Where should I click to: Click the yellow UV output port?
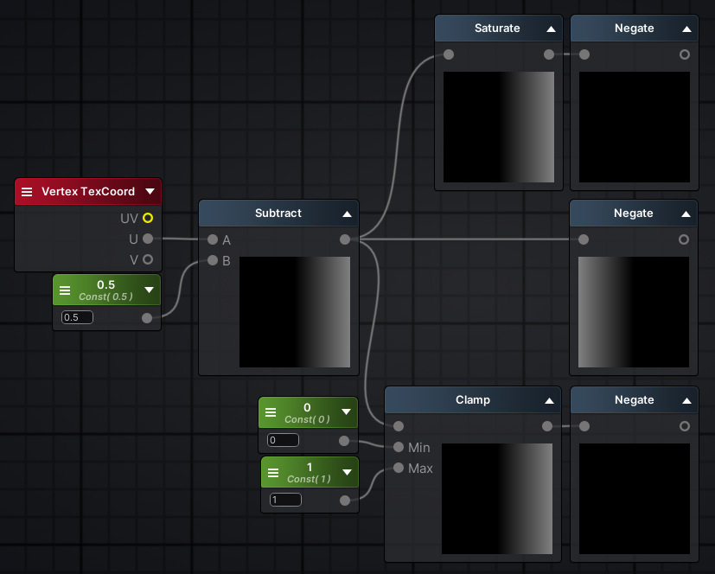[148, 218]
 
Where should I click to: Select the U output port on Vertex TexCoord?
[148, 239]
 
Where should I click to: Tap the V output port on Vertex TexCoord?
[148, 259]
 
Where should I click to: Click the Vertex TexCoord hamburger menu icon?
[27, 192]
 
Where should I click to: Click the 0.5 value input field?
[77, 317]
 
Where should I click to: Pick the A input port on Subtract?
[213, 239]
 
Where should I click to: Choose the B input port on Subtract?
[213, 260]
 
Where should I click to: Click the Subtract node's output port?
[345, 239]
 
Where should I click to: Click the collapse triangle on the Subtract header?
[347, 214]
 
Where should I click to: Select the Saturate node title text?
[497, 29]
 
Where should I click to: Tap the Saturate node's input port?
[449, 54]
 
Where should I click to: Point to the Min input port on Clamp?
[399, 447]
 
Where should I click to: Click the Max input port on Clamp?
[399, 468]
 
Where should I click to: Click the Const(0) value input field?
[283, 440]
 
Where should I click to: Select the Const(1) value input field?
[285, 500]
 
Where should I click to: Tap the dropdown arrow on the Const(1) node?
[347, 472]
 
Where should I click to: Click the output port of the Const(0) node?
[344, 440]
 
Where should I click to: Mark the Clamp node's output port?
[547, 426]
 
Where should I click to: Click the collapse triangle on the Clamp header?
[550, 401]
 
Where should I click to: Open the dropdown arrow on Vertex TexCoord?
[150, 192]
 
